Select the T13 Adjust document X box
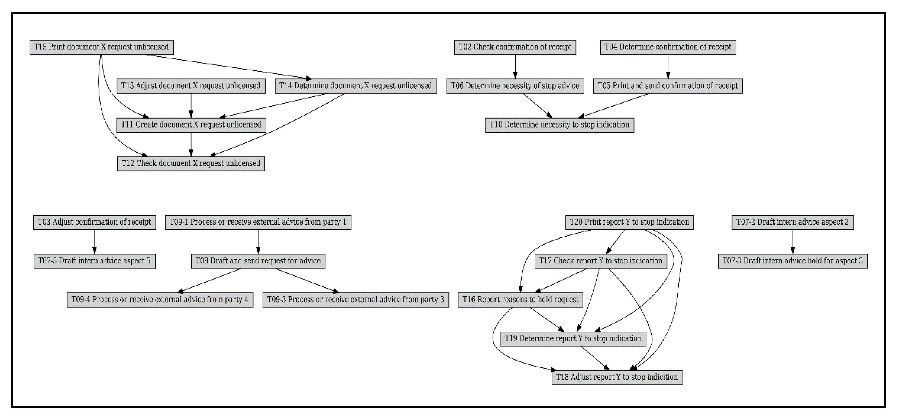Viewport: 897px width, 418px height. pos(191,86)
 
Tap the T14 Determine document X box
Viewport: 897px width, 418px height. pos(356,86)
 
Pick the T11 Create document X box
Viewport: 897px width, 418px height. pos(191,125)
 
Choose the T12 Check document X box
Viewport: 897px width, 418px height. pos(191,163)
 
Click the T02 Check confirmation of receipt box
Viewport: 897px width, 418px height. pos(515,47)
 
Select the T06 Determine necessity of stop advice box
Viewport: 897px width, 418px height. pos(515,86)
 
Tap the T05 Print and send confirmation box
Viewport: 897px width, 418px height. pos(667,86)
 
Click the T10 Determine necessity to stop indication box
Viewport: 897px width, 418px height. pos(559,125)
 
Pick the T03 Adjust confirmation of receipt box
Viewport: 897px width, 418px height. pos(94,222)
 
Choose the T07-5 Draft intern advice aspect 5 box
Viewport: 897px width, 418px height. pos(94,261)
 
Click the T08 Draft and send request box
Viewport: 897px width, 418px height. pos(258,261)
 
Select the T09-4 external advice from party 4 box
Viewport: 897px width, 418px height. pos(160,300)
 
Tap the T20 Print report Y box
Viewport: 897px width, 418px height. pos(629,222)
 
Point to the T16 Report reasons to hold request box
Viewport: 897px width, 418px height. pos(520,300)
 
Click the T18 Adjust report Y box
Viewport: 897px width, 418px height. pos(617,377)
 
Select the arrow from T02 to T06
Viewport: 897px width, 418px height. pos(515,66)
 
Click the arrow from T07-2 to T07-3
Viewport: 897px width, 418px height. pos(793,241)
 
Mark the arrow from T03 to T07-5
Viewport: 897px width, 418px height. pos(94,241)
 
